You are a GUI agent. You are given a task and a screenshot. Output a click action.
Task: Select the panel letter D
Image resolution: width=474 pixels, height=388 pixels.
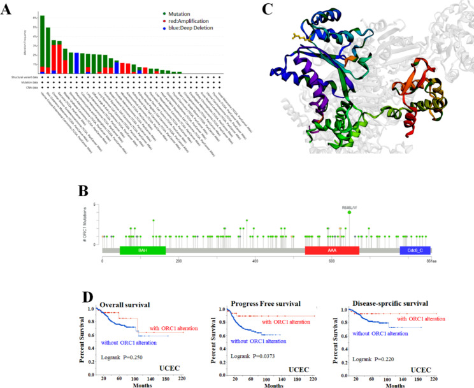pos(91,296)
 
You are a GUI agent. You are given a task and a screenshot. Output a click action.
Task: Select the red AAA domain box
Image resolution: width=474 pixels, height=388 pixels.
pos(331,251)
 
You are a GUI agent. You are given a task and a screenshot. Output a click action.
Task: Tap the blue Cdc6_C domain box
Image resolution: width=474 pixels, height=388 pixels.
pos(415,251)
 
